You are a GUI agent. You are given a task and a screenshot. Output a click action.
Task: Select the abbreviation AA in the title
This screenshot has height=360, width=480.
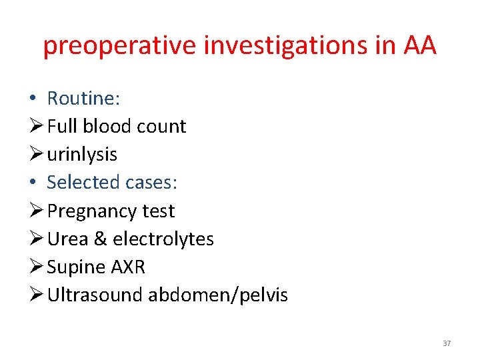pos(420,45)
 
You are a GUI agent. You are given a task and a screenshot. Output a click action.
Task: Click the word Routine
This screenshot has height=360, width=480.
pos(83,99)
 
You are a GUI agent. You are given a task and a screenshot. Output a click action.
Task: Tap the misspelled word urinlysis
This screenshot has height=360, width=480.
pos(83,155)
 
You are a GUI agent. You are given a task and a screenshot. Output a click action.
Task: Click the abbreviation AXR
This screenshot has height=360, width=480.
pos(128,267)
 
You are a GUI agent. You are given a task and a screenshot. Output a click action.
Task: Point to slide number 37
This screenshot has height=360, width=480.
pos(447,343)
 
